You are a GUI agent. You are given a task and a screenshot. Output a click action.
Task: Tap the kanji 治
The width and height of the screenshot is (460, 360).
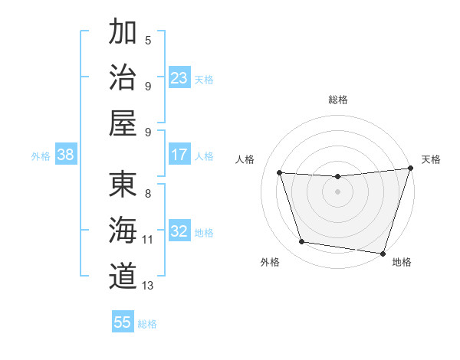tap(123, 77)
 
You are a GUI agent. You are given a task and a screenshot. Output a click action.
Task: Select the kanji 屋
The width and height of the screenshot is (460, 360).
tap(123, 123)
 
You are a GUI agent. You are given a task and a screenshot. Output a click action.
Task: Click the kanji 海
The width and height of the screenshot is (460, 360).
tap(123, 229)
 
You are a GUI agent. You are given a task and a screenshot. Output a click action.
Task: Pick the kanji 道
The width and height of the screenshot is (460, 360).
tap(123, 275)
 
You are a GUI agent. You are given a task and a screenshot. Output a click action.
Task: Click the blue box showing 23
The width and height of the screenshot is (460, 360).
tap(179, 78)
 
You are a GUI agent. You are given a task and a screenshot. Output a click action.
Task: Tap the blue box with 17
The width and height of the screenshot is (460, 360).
tap(179, 155)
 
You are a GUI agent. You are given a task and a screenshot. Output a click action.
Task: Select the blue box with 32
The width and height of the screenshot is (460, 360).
tap(179, 231)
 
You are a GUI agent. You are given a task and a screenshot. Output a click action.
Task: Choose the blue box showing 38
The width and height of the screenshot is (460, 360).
tap(66, 155)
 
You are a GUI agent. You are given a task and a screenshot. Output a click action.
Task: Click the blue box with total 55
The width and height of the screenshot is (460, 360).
tap(123, 322)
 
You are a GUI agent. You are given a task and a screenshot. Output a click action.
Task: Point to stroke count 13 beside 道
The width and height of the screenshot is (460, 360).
tap(148, 286)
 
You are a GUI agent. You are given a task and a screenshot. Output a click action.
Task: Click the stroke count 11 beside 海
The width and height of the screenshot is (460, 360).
tap(148, 240)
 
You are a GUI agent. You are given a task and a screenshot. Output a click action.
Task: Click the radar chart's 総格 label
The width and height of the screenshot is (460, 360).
tap(337, 100)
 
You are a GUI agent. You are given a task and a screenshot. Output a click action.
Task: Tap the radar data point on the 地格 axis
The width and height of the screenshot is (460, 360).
tap(383, 253)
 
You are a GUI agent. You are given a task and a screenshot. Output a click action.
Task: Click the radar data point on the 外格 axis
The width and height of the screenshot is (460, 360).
tap(302, 242)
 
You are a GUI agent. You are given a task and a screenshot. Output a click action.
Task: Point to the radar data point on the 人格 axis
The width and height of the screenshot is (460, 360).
tap(280, 173)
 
